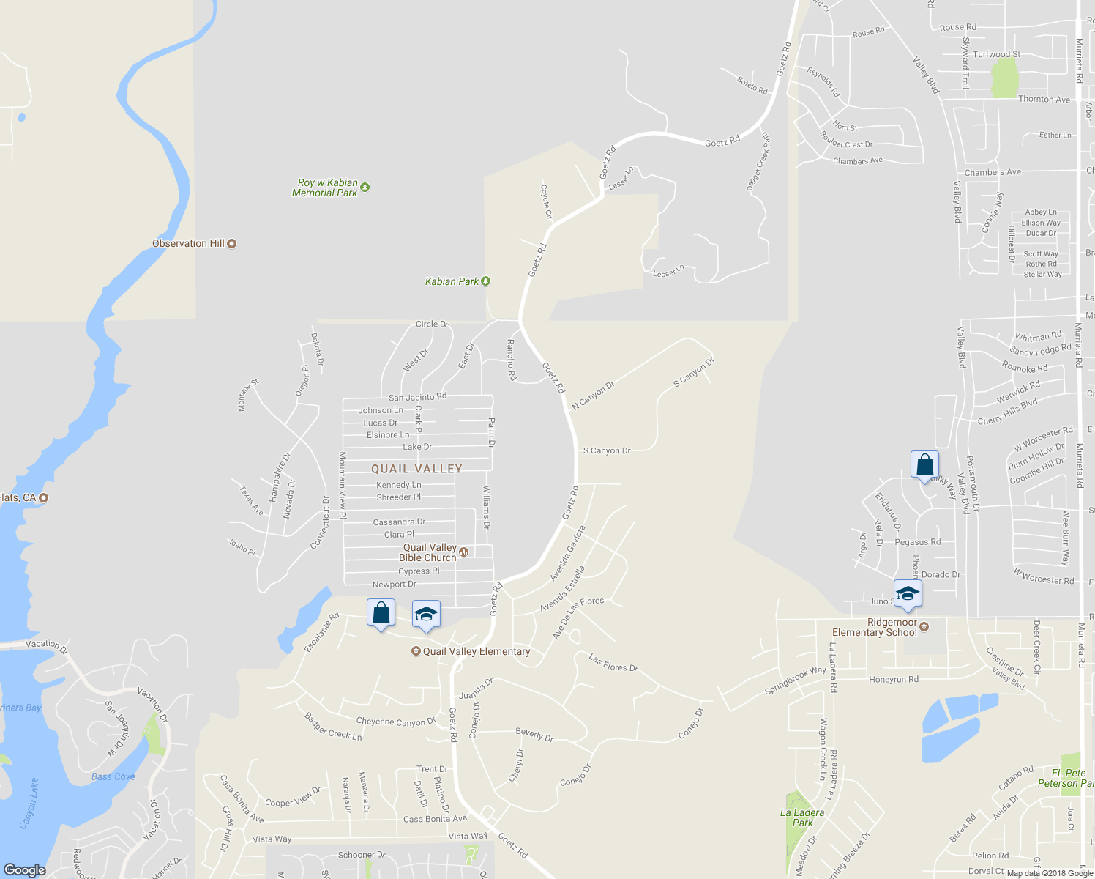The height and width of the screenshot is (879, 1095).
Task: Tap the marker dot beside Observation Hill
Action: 232,244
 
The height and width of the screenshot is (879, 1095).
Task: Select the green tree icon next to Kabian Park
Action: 485,281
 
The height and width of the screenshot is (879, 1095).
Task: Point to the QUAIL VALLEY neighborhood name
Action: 416,469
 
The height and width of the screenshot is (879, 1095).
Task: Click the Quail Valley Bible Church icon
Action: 463,552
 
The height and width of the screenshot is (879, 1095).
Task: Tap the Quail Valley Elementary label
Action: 476,651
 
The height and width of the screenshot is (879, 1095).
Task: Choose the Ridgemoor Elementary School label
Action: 875,628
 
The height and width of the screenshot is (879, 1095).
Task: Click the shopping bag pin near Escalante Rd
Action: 381,613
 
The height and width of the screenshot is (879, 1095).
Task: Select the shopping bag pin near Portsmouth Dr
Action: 924,465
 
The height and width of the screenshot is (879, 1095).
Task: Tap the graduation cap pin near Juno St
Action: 908,594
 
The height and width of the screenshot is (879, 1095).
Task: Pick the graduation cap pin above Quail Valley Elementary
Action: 426,615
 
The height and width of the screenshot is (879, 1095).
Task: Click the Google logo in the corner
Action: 25,869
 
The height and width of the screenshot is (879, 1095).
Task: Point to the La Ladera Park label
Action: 802,817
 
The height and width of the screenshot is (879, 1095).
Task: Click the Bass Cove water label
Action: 113,776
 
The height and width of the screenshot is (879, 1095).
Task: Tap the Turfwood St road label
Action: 996,54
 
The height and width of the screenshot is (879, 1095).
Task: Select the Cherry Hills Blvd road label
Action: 1008,412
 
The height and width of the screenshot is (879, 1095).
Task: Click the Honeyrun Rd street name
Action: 893,680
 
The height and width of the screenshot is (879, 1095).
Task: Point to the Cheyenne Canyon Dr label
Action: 395,722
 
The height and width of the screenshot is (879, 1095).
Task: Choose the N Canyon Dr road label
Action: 593,395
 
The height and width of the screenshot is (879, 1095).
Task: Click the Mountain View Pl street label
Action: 342,485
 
